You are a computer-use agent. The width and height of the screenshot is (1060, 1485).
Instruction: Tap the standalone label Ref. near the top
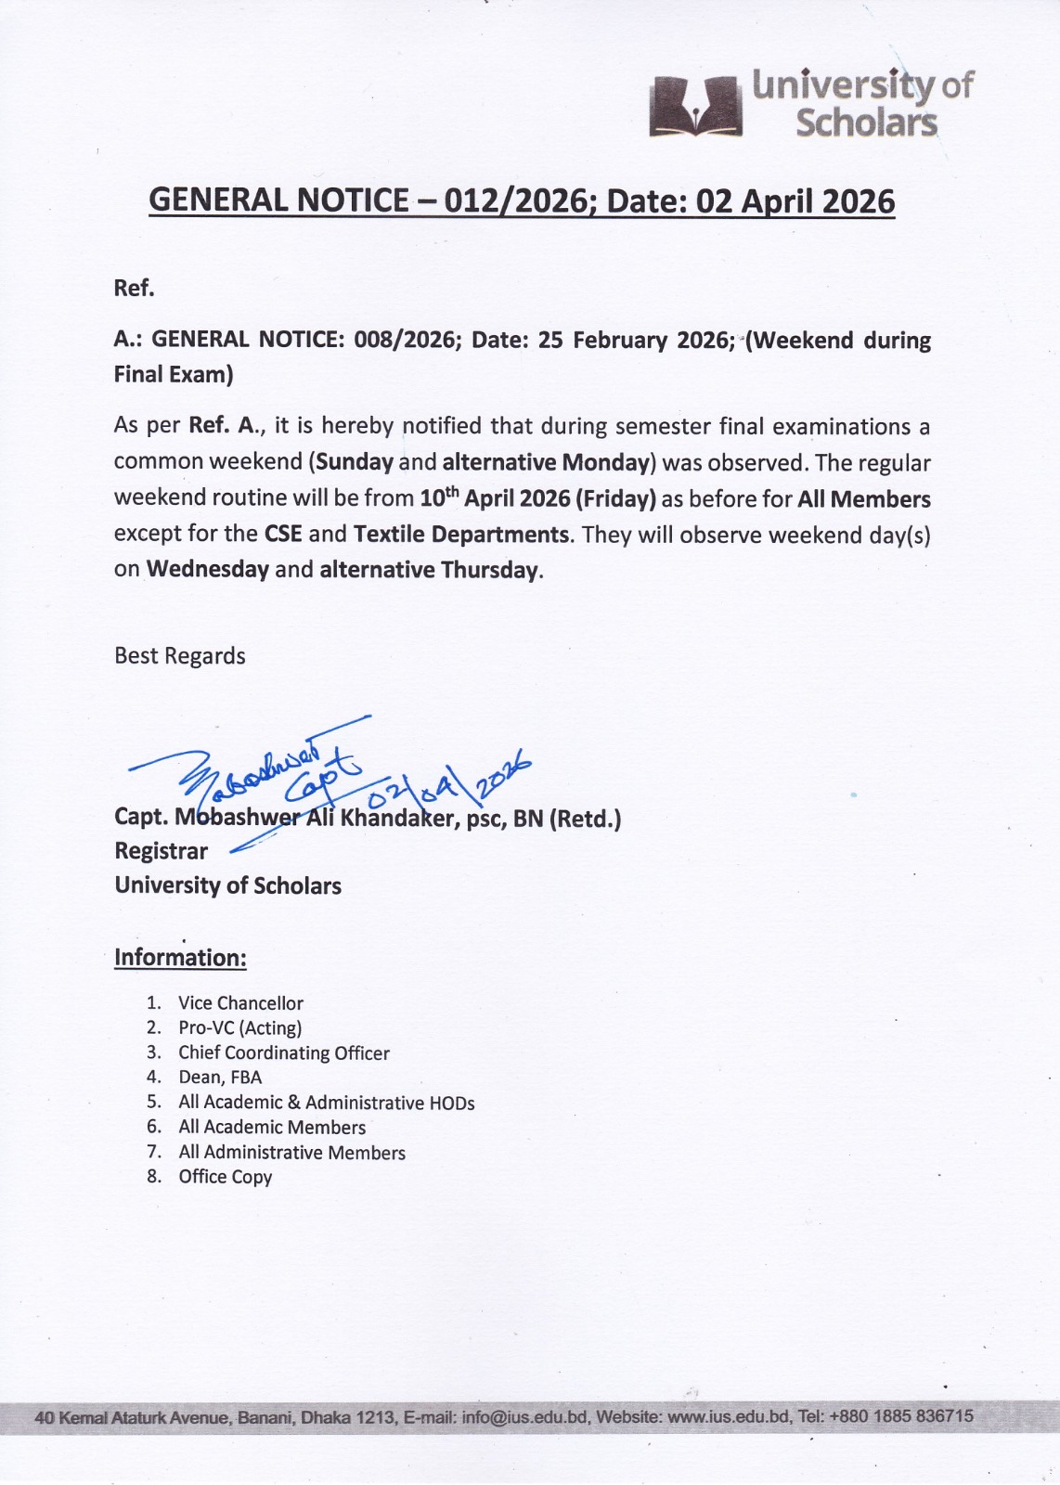134,289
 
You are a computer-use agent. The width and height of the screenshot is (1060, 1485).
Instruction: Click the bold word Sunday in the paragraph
355,462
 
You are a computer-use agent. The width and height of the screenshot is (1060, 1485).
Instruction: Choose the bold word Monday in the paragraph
605,462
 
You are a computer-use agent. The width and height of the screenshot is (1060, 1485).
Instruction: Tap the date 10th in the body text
439,497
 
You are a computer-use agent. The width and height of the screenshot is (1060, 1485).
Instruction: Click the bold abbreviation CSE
283,535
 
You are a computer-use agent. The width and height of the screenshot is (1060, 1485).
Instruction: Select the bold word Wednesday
208,569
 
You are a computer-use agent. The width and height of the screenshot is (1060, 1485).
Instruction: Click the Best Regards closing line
180,656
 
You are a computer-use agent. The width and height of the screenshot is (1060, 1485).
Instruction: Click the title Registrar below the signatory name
161,851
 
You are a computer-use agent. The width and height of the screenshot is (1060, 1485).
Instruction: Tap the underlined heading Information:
180,958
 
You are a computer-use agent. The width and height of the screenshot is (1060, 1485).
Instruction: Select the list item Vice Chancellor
240,1003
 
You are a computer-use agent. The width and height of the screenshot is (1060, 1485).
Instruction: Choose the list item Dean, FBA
220,1078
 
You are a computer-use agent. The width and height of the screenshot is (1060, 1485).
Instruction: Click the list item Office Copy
225,1177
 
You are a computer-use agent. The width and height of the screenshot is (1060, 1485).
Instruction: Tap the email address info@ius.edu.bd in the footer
524,1417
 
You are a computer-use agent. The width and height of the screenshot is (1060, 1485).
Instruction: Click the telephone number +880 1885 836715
900,1416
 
